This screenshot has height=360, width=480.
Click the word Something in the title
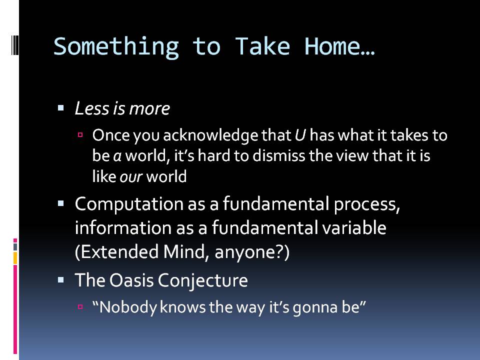tap(116, 47)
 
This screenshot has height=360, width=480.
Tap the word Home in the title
tap(332, 46)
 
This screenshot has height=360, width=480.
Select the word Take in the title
tap(262, 46)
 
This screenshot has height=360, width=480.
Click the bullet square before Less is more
tap(60, 108)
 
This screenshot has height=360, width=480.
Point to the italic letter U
tap(300, 135)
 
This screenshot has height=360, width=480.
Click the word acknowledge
tap(210, 136)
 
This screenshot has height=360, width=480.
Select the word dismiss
tap(279, 155)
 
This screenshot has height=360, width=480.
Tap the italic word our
tap(131, 177)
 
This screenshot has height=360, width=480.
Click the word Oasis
tap(131, 280)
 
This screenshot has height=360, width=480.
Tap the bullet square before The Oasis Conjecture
tap(60, 279)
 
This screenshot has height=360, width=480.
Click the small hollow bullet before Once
tap(80, 134)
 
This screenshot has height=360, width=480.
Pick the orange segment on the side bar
tap(15, 258)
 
